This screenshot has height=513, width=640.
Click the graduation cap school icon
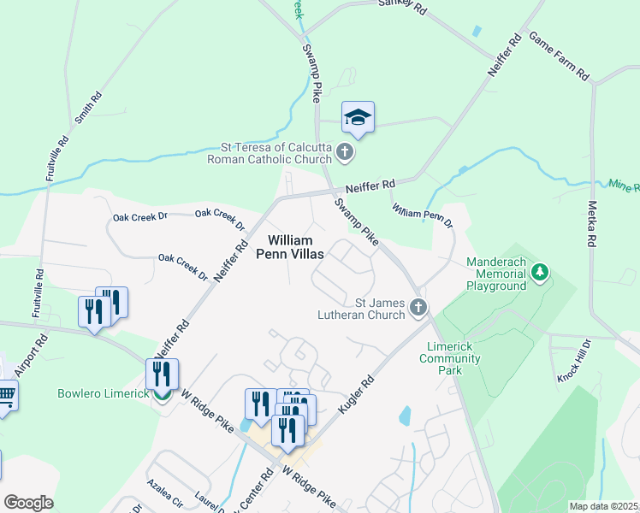359,118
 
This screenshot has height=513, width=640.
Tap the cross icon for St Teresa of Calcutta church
345,152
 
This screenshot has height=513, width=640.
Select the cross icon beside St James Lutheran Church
418,307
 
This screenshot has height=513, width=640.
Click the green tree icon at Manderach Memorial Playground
540,272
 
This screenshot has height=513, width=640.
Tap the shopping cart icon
6,395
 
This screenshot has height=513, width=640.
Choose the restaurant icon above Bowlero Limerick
162,374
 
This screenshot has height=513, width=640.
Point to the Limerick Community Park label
455,358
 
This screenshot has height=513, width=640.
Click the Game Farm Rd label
559,56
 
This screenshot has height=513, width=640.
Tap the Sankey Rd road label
401,6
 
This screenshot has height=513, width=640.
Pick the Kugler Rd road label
357,394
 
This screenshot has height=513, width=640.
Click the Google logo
28,503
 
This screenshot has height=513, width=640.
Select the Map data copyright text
604,506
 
